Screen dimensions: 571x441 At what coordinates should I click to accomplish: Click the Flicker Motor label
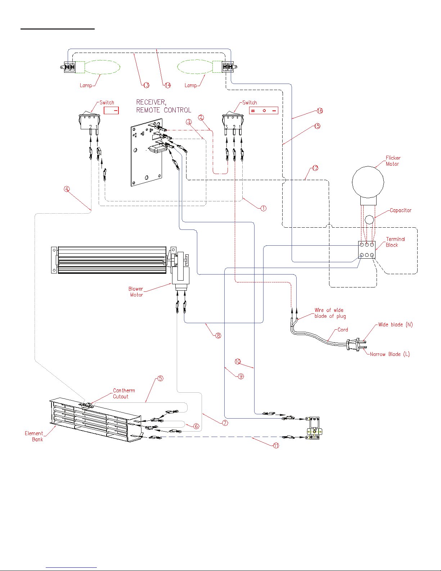[x=393, y=161]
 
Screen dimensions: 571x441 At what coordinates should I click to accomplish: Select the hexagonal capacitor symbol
[x=369, y=219]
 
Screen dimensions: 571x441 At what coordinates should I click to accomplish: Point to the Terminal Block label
[x=395, y=242]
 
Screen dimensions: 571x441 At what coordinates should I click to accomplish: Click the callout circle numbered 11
[x=276, y=446]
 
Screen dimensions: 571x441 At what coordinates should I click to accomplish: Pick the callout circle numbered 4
[x=67, y=189]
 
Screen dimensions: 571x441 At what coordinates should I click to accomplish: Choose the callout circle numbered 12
[x=315, y=168]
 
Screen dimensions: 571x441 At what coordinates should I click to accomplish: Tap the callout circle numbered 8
[x=218, y=335]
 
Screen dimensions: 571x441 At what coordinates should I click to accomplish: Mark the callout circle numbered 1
[x=264, y=208]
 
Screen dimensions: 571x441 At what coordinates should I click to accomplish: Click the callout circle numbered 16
[x=320, y=111]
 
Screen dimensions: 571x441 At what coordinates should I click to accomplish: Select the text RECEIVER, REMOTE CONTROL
[x=163, y=106]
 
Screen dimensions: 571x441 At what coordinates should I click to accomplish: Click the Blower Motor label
[x=136, y=292]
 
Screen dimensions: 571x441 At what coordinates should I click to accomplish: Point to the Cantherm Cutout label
[x=124, y=393]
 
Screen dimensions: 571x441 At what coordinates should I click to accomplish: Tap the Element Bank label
[x=34, y=436]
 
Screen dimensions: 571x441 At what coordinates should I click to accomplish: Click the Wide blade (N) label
[x=395, y=325]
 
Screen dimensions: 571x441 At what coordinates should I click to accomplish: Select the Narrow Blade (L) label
[x=390, y=354]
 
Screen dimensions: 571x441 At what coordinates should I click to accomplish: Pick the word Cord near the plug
[x=343, y=330]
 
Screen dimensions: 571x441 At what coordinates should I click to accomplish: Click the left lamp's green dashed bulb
[x=103, y=67]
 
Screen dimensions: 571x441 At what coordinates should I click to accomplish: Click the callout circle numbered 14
[x=168, y=85]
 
